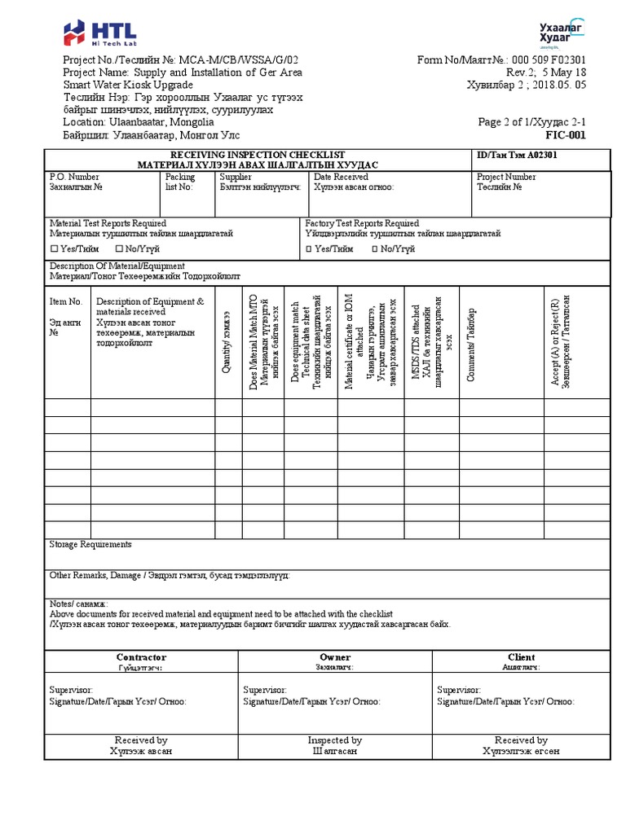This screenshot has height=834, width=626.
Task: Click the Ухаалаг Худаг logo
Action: click(562, 32)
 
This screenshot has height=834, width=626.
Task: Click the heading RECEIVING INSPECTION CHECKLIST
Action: click(257, 155)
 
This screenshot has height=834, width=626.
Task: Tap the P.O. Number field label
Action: click(74, 177)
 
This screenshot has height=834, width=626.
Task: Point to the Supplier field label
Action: click(236, 177)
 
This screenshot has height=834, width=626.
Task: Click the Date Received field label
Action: click(341, 177)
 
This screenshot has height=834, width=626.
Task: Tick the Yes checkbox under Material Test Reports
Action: click(55, 248)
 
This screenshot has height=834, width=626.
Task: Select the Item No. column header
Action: click(66, 301)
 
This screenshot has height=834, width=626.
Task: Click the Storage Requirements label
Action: click(90, 544)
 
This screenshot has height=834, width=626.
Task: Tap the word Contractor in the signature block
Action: click(141, 656)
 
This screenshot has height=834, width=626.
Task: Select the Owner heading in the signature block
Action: click(335, 656)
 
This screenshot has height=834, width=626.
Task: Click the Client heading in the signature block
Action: click(521, 656)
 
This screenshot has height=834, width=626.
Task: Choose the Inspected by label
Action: click(335, 740)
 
